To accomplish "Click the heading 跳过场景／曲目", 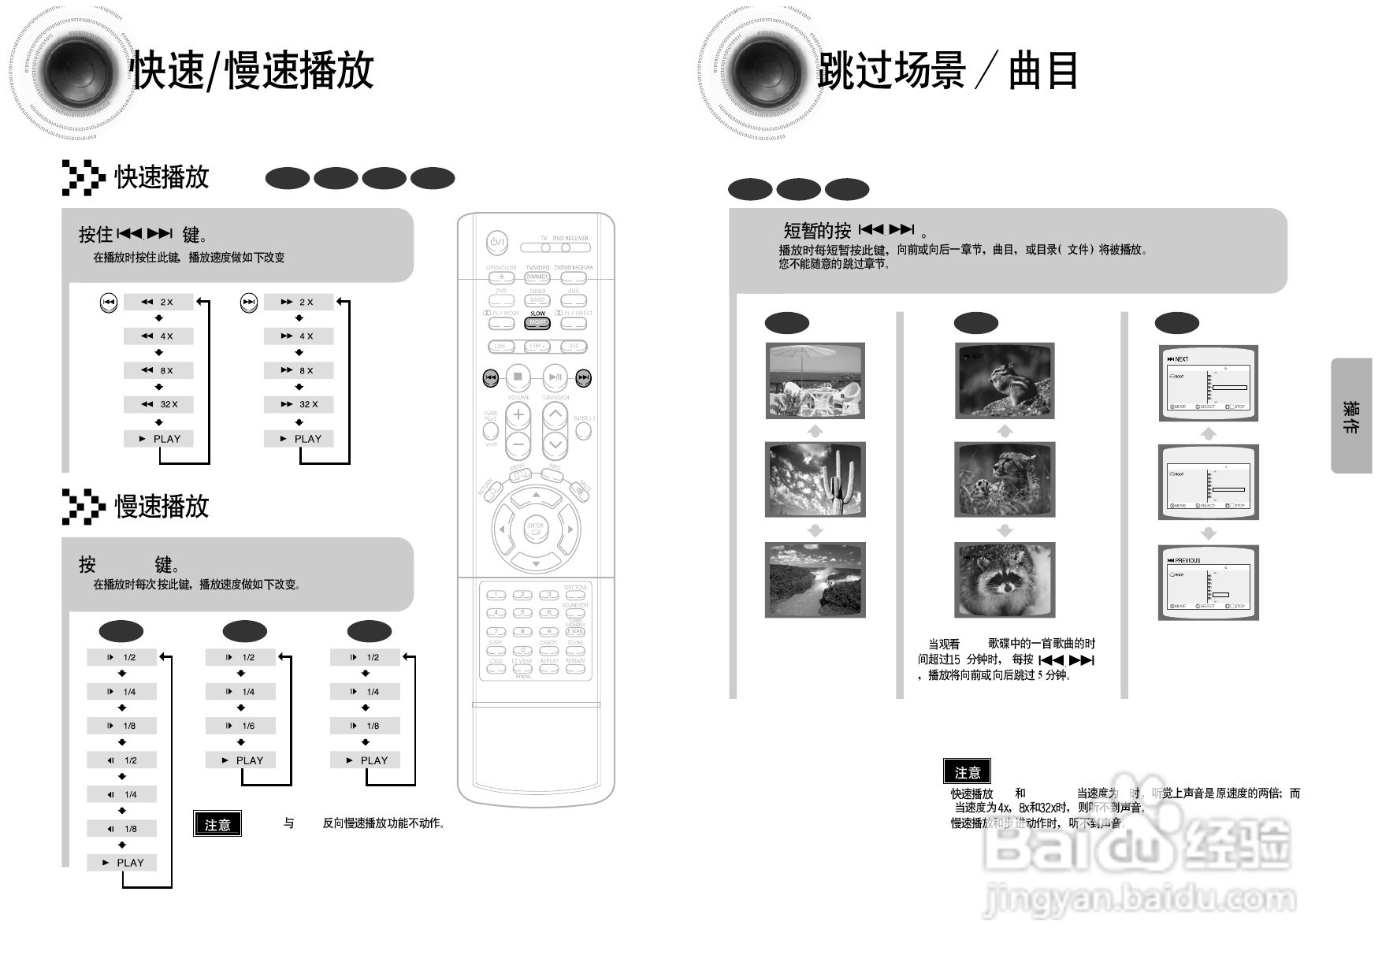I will pyautogui.click(x=946, y=71).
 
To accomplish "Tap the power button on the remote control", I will pyautogui.click(x=496, y=243).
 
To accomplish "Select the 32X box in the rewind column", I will pyautogui.click(x=158, y=404).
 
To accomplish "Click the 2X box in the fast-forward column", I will pyautogui.click(x=299, y=302).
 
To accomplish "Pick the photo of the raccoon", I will pyautogui.click(x=1004, y=580).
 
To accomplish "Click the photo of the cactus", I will pyautogui.click(x=815, y=479).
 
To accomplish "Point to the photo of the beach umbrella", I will pyautogui.click(x=815, y=380).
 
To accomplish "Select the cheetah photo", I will pyautogui.click(x=1004, y=479).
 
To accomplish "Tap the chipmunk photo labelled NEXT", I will pyautogui.click(x=1004, y=380).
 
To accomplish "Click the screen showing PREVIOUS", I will pyautogui.click(x=1208, y=582).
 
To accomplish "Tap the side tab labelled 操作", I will pyautogui.click(x=1351, y=416).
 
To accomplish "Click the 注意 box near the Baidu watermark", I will pyautogui.click(x=967, y=772).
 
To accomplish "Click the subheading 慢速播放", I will pyautogui.click(x=162, y=506).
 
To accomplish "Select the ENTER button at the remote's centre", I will pyautogui.click(x=536, y=529).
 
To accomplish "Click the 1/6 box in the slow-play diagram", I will pyautogui.click(x=240, y=726).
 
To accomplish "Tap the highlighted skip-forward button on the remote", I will pyautogui.click(x=583, y=378).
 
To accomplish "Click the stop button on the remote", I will pyautogui.click(x=518, y=377).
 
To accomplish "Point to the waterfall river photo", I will pyautogui.click(x=815, y=580).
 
